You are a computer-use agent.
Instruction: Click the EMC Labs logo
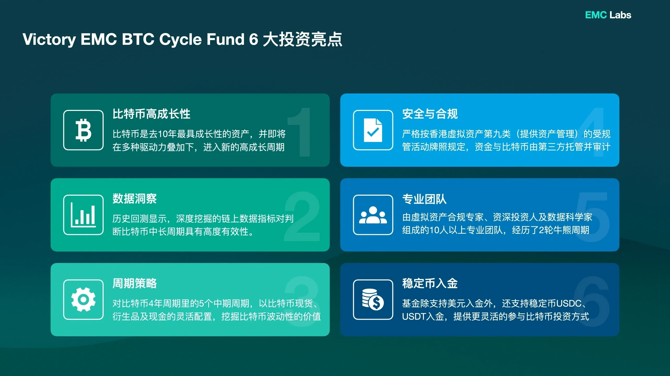pyautogui.click(x=608, y=15)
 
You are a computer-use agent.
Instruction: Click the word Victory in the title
pyautogui.click(x=49, y=40)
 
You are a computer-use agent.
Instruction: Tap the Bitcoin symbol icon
pyautogui.click(x=83, y=130)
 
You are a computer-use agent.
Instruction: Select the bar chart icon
pyautogui.click(x=83, y=215)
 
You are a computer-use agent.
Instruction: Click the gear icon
pyautogui.click(x=83, y=300)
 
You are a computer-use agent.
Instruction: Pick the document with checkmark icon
pyautogui.click(x=373, y=130)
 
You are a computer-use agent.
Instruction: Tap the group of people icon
pyautogui.click(x=373, y=215)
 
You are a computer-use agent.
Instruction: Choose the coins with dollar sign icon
pyautogui.click(x=373, y=300)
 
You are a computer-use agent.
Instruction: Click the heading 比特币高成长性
pyautogui.click(x=151, y=114)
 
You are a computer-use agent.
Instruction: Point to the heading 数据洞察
pyautogui.click(x=135, y=199)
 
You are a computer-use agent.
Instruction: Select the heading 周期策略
pyautogui.click(x=135, y=284)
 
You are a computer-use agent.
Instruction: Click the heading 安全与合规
pyautogui.click(x=430, y=114)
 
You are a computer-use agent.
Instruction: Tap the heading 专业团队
pyautogui.click(x=424, y=199)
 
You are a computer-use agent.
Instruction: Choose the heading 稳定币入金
pyautogui.click(x=430, y=284)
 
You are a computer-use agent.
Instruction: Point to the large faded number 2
pyautogui.click(x=302, y=217)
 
